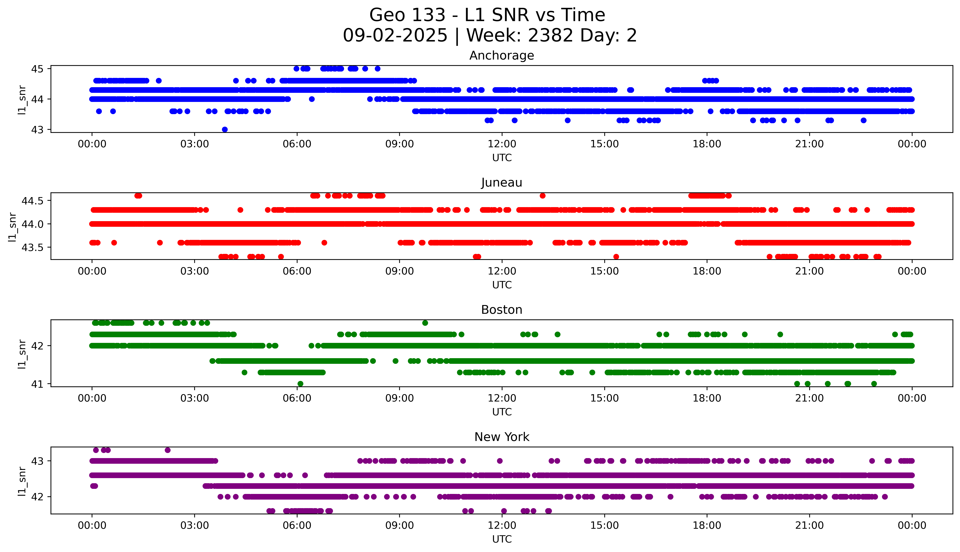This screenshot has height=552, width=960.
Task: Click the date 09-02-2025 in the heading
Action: coord(395,36)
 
